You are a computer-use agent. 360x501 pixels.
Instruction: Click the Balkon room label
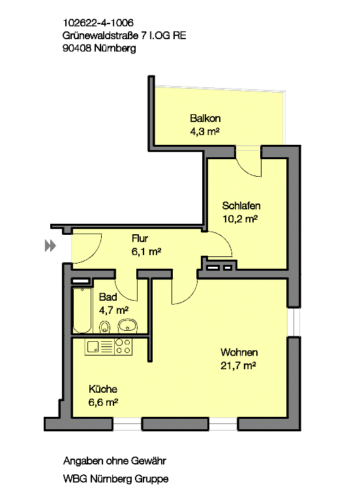click(x=205, y=119)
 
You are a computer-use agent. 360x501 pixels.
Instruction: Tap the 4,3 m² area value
click(x=205, y=131)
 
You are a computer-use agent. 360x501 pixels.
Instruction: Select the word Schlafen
click(x=241, y=205)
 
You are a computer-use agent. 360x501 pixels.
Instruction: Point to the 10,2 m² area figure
click(x=240, y=219)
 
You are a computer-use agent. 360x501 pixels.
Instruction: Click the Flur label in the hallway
click(x=140, y=238)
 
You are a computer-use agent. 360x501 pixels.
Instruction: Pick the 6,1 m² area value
click(x=146, y=251)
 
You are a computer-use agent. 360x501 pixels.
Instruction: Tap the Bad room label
click(x=108, y=297)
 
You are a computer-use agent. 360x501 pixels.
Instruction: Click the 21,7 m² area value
click(x=238, y=365)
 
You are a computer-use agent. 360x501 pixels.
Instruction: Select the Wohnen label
click(x=239, y=352)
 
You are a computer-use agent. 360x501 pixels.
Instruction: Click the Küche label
click(x=103, y=389)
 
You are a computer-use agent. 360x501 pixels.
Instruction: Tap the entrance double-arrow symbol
click(x=50, y=246)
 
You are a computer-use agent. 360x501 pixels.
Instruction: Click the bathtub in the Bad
click(x=82, y=311)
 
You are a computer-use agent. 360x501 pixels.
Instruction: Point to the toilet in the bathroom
click(x=105, y=327)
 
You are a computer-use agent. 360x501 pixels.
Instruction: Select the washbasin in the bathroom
click(x=128, y=326)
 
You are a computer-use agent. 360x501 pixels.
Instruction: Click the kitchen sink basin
click(x=93, y=346)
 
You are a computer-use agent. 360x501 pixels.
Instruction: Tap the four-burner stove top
click(x=123, y=346)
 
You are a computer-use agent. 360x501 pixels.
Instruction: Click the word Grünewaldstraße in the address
click(x=100, y=35)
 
